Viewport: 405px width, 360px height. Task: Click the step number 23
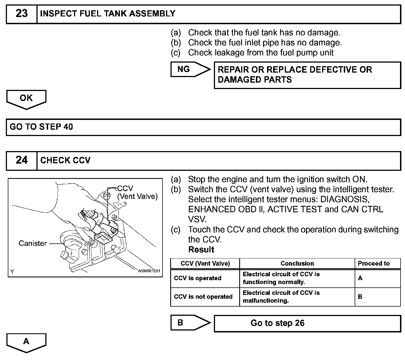point(21,14)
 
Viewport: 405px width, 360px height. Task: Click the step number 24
point(21,160)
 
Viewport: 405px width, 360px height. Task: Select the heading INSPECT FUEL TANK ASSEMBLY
point(108,14)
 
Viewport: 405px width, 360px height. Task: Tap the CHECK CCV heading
point(65,161)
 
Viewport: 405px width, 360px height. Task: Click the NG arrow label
point(184,69)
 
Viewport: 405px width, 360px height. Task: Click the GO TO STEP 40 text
point(41,127)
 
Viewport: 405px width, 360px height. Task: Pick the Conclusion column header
point(297,263)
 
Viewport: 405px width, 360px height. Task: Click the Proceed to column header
point(374,263)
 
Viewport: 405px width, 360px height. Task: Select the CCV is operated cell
point(197,278)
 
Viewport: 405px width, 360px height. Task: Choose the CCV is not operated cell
point(203,297)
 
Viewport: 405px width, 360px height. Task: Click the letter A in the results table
point(360,278)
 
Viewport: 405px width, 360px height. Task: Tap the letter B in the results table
point(360,297)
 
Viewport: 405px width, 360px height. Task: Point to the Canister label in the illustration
point(33,243)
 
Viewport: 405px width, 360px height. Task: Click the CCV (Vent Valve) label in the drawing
point(137,193)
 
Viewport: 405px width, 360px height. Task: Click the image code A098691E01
point(149,271)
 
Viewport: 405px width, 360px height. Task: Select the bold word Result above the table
point(201,250)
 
